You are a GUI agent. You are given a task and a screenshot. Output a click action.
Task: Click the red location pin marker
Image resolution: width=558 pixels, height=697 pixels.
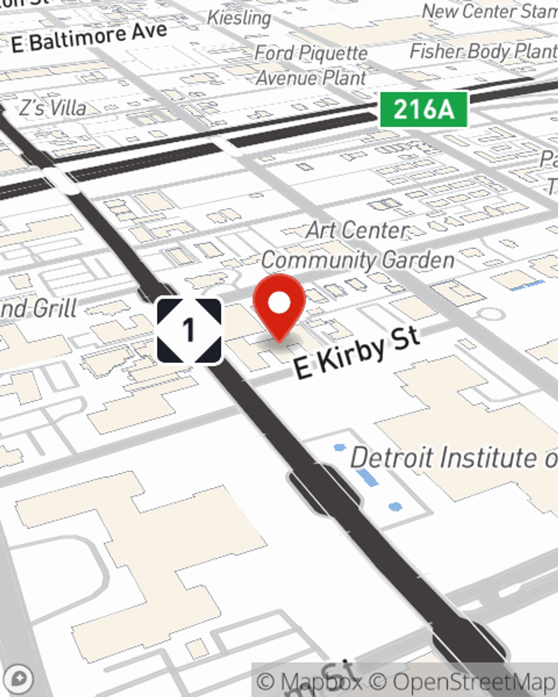pos(279,304)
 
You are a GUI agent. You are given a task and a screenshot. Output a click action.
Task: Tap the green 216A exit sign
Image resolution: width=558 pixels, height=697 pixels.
pos(424,109)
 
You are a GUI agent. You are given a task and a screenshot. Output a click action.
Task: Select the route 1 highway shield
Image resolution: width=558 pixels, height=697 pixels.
pos(189,331)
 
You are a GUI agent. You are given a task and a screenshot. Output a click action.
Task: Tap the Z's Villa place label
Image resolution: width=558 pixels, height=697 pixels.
pos(53,108)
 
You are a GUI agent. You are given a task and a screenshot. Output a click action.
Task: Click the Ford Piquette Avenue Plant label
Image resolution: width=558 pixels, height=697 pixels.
pos(311,65)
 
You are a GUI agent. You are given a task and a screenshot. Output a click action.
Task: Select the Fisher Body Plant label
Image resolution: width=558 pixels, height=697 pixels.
pos(483,51)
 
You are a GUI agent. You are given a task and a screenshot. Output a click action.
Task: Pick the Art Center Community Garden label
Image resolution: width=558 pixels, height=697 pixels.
pos(357,245)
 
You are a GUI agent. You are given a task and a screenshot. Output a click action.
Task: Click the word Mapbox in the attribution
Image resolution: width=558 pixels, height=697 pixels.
pos(321,681)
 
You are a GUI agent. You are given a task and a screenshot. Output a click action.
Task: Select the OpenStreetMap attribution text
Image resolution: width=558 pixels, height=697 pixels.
pos(474,681)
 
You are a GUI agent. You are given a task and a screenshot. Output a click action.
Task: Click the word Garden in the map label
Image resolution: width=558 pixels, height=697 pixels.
pos(419,260)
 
